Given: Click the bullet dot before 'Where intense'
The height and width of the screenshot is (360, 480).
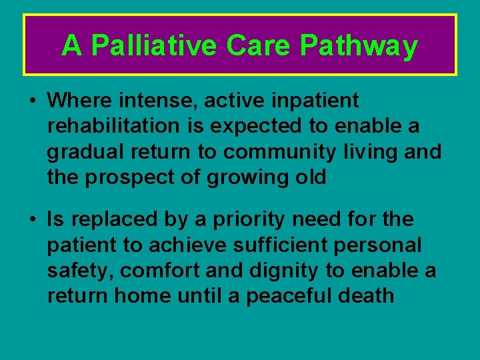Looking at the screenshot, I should point(32,101).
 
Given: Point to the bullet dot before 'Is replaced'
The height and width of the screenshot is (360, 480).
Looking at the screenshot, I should point(32,219).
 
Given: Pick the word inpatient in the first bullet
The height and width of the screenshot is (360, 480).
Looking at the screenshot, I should point(315,101).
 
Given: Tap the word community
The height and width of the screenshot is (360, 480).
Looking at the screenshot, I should point(279,152).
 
